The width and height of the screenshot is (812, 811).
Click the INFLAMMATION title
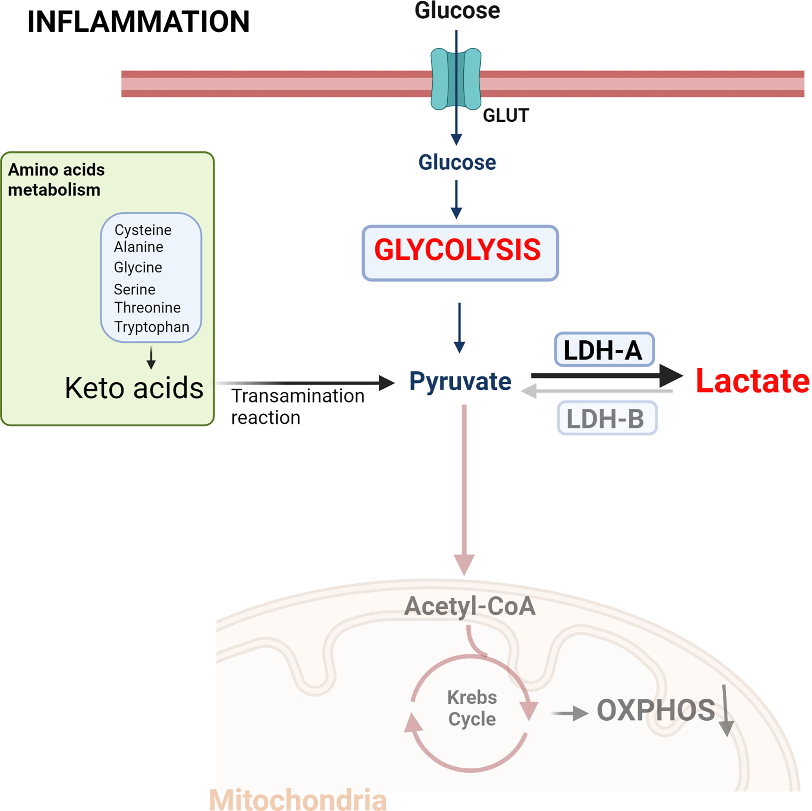click(x=138, y=22)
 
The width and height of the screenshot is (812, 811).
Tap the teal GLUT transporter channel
click(x=456, y=79)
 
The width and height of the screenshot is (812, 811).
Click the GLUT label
click(x=506, y=116)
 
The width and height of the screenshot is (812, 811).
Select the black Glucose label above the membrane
click(x=457, y=10)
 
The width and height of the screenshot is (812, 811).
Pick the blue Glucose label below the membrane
click(x=457, y=162)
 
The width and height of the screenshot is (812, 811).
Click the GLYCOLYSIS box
click(x=460, y=253)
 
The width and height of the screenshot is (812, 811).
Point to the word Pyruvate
click(x=460, y=381)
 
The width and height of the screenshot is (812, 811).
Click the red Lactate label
click(x=752, y=381)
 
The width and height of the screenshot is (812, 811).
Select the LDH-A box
click(x=604, y=350)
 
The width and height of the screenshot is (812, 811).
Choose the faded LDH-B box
click(x=607, y=418)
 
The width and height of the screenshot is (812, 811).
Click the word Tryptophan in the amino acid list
click(x=151, y=327)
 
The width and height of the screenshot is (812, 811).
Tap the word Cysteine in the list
click(x=143, y=230)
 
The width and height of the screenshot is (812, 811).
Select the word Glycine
click(x=138, y=268)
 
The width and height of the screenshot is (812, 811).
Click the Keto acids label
click(x=134, y=388)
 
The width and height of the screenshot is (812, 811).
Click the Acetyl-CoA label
click(x=470, y=606)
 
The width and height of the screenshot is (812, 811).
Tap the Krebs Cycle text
click(x=472, y=708)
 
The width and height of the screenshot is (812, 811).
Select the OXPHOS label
click(x=655, y=710)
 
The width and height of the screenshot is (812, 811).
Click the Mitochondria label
click(x=298, y=800)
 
